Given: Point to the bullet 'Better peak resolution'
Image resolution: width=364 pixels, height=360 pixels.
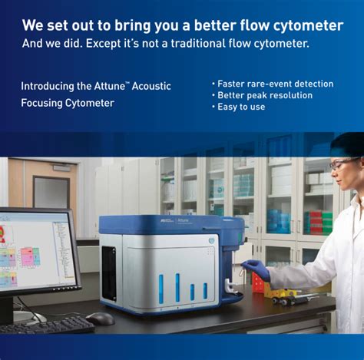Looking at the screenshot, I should click(265, 95).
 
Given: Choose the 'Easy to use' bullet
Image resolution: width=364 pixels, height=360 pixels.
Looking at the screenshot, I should click(241, 107).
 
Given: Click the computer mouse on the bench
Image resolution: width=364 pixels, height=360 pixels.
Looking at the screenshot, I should click(100, 318).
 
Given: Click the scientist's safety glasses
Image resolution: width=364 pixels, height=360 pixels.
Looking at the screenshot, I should click(342, 163).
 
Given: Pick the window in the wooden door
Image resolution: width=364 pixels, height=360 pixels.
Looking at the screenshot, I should click(51, 193).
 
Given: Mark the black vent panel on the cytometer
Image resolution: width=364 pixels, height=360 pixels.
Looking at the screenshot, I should click(109, 272).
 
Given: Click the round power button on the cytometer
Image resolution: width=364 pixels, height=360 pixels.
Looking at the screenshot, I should click(212, 239).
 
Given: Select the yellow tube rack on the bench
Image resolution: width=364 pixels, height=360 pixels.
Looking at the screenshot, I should click(282, 292).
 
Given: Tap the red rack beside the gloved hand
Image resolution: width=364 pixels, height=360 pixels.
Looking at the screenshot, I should click(260, 284).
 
